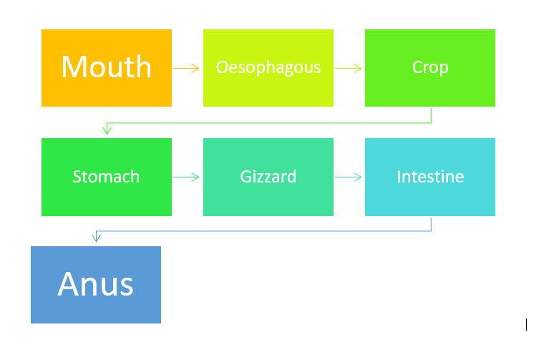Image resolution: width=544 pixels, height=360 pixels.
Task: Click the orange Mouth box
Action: coord(107,68)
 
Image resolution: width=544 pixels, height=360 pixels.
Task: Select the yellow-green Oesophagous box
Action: coord(268,68)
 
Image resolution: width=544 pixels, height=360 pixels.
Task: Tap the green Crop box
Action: coord(430,68)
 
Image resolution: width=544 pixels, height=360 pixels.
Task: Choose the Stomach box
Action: coord(107,177)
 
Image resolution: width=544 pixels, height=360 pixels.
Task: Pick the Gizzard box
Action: coord(268,177)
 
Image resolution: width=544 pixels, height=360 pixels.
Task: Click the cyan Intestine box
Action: coord(430,177)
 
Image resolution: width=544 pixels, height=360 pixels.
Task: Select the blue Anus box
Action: coord(96,285)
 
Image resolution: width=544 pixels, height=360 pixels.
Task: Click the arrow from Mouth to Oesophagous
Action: coord(186,68)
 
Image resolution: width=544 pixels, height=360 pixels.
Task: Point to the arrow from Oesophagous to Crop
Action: coord(349,68)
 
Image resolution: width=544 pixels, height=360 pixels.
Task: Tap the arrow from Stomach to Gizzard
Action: coord(186,177)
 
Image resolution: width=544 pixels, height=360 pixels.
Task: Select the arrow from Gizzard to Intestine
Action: coord(349,177)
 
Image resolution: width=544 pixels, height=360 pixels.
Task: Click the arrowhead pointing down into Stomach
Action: coord(107,130)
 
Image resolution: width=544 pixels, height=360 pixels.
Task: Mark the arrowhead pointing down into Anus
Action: coord(96,238)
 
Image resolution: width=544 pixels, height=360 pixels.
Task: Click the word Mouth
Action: coord(107,67)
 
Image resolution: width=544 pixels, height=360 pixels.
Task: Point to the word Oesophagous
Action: coord(268,67)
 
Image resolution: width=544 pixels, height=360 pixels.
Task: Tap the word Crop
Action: coord(430,67)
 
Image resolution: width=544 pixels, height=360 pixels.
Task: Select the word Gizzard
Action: coord(268,177)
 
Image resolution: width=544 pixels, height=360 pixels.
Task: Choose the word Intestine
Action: coord(430,177)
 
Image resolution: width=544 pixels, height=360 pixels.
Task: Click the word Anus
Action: coord(95,283)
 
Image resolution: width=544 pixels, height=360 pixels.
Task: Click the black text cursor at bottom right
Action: coord(526,325)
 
